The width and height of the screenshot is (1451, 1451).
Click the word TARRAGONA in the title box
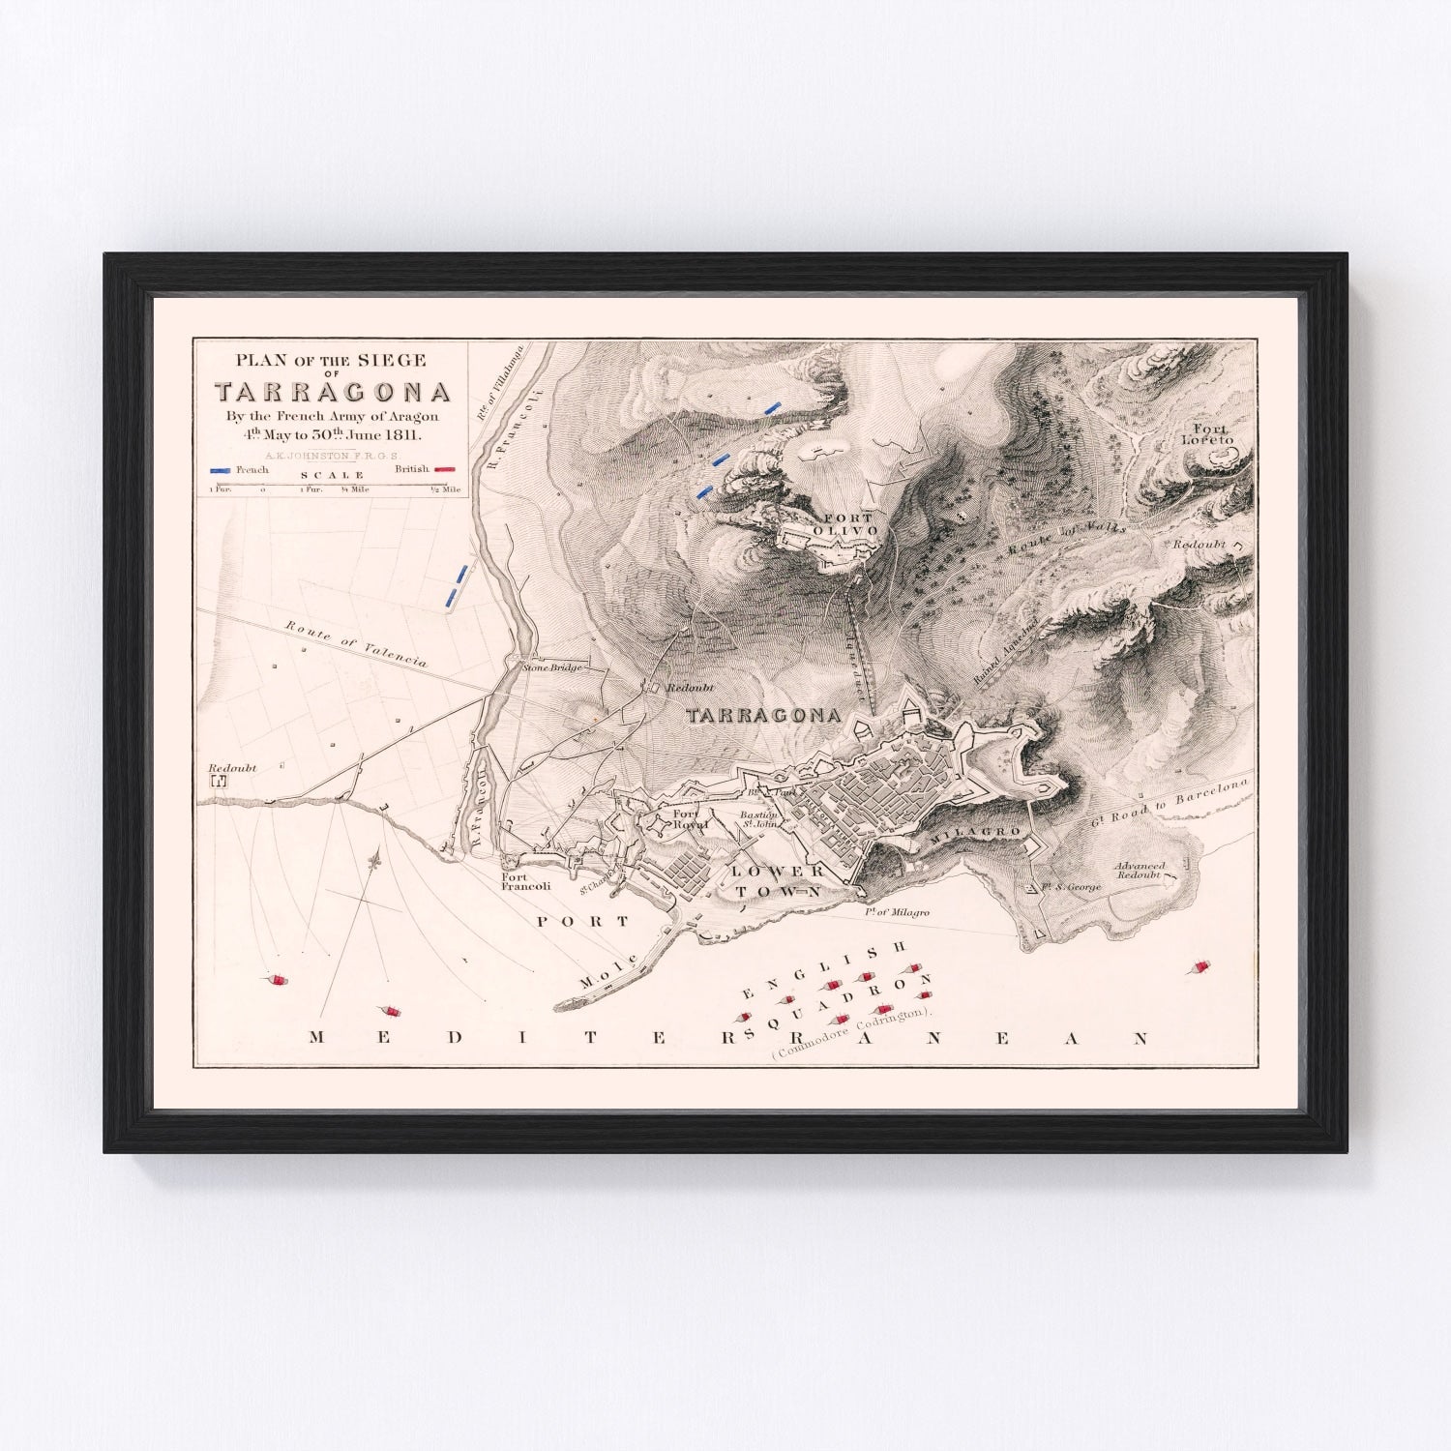click(x=332, y=392)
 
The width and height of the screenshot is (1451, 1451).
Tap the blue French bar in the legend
click(x=222, y=469)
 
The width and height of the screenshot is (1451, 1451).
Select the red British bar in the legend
click(x=445, y=469)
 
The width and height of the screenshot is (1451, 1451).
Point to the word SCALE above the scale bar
click(x=332, y=475)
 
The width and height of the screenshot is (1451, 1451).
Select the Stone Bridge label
click(x=552, y=667)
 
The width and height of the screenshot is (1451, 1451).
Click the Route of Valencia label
click(x=356, y=642)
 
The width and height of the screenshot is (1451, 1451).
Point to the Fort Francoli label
click(x=525, y=880)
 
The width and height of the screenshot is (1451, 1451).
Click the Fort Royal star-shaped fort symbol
click(x=661, y=825)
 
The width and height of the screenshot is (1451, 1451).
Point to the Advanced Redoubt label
click(x=1139, y=870)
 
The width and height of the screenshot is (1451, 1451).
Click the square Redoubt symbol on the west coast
click(x=219, y=780)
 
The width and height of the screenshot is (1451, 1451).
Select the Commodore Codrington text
click(x=851, y=1034)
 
